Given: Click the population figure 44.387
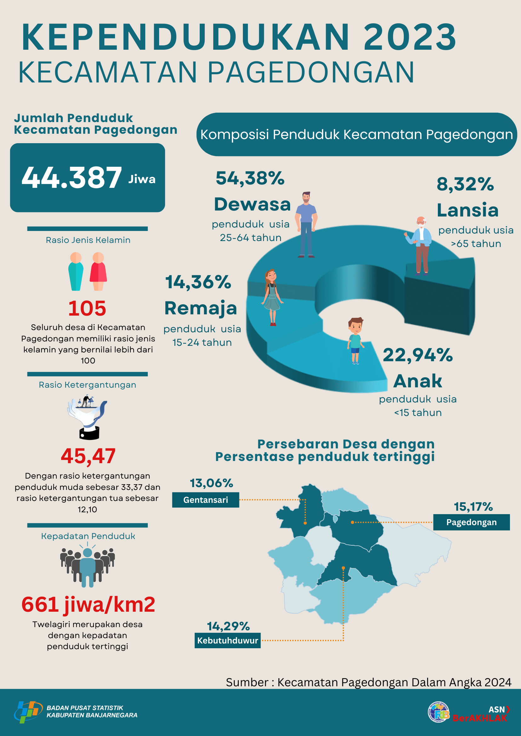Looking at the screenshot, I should point(72,177).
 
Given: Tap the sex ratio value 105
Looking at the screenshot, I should point(87,308).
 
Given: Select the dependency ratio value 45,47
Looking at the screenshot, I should point(88,456).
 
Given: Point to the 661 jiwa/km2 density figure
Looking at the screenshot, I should point(88,604).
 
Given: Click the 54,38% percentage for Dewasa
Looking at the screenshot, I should point(250,178).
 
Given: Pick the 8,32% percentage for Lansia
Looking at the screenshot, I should point(465,184).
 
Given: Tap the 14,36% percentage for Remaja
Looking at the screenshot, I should point(198,282).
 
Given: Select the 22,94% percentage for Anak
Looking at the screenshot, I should point(418,355).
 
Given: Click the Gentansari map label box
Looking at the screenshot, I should point(206,500).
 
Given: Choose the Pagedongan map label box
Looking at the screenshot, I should point(471,522).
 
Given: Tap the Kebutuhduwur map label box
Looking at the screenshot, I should point(227,640).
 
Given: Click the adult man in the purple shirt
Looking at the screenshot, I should point(306,224).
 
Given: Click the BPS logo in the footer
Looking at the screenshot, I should point(28,712).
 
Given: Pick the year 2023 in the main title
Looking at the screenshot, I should point(410,37).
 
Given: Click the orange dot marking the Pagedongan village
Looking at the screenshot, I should point(352,522).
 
